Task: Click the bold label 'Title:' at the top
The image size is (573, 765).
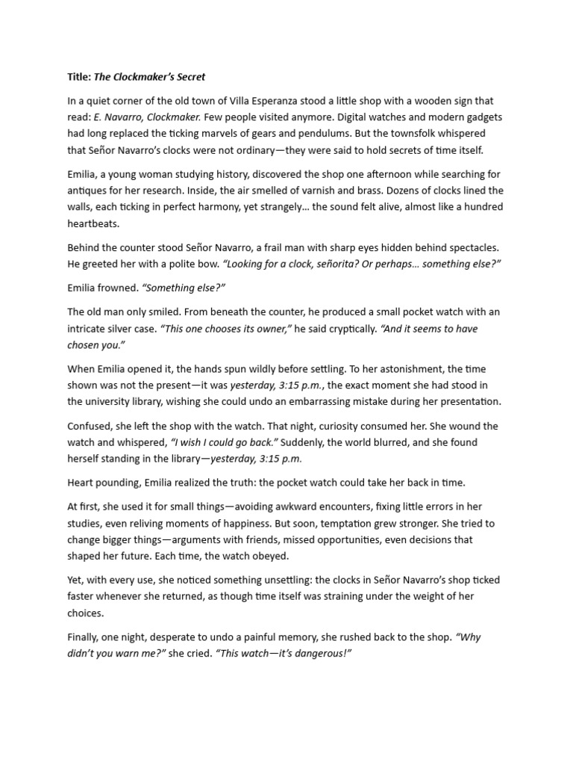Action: click(79, 76)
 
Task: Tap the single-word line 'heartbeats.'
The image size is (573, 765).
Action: click(95, 223)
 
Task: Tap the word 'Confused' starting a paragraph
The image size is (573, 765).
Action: click(91, 426)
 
